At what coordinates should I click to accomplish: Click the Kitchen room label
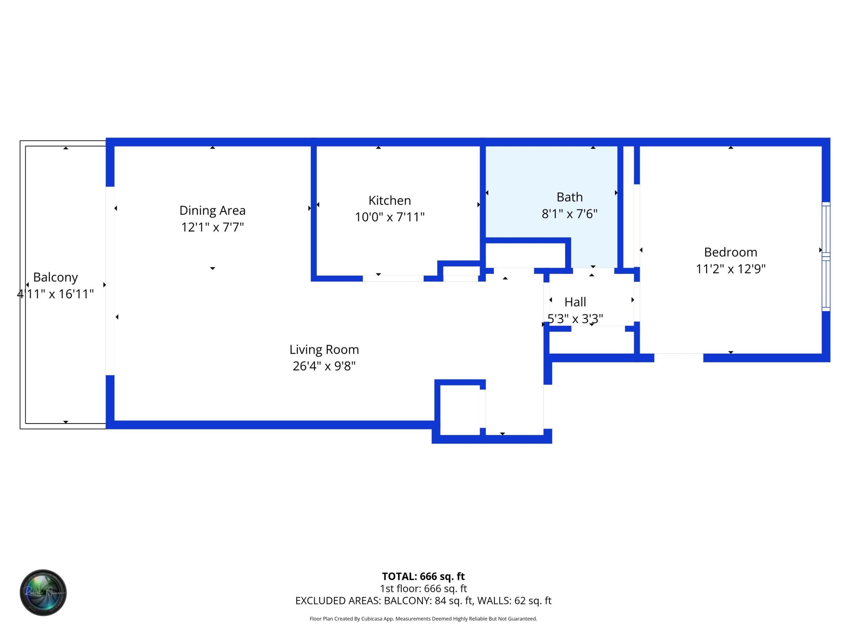click(389, 201)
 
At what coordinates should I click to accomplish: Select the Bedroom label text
click(730, 252)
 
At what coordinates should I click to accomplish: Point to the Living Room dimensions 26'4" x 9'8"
click(324, 366)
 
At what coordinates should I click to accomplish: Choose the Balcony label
click(56, 277)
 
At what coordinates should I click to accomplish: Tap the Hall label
click(575, 302)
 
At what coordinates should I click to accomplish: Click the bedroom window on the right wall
click(826, 256)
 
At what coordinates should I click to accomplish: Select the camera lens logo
click(43, 592)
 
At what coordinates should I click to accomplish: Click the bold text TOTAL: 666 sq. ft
click(423, 576)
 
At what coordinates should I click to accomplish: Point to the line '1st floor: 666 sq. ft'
click(423, 589)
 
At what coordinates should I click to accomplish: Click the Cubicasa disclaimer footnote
click(423, 619)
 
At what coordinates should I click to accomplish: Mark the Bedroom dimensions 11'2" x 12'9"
click(730, 269)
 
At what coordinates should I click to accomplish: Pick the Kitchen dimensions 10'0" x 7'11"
click(389, 217)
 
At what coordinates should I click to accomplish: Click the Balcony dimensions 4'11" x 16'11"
click(56, 294)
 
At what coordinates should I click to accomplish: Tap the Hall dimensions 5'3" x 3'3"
click(575, 319)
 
